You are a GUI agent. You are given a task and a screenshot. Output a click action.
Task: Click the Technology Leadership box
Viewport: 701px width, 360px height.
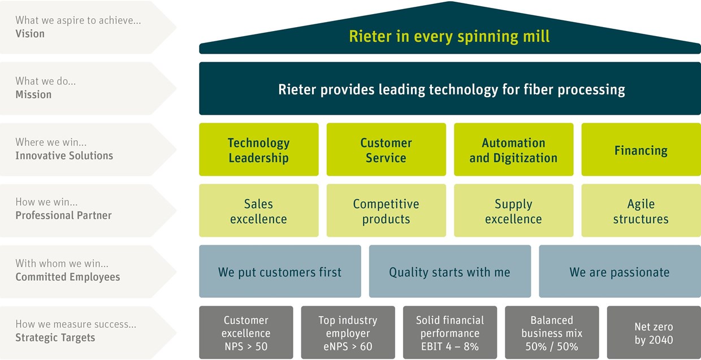click(x=259, y=149)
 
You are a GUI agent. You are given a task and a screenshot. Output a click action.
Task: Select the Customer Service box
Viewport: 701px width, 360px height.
click(x=386, y=149)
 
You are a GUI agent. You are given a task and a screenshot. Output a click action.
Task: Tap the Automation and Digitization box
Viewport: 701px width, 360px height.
click(x=513, y=149)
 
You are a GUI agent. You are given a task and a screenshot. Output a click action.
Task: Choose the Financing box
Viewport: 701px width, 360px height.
click(x=641, y=149)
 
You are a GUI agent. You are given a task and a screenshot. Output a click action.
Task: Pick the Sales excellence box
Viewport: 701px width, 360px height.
click(x=259, y=210)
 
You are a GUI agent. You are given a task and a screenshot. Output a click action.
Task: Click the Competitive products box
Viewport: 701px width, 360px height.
click(x=386, y=210)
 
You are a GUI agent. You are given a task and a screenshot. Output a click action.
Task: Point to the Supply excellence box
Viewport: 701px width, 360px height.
click(x=513, y=210)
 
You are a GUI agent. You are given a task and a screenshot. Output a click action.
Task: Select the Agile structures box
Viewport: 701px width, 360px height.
click(x=641, y=210)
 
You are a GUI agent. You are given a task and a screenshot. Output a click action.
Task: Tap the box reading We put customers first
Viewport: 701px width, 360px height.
click(x=280, y=271)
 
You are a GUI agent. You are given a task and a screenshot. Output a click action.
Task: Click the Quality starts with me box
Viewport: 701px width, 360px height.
click(x=449, y=271)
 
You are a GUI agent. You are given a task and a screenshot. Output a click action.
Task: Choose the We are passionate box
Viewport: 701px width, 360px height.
click(x=620, y=271)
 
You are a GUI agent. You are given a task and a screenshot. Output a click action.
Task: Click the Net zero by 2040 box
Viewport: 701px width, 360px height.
click(x=654, y=332)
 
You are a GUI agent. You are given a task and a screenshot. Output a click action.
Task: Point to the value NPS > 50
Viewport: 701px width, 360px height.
click(x=246, y=346)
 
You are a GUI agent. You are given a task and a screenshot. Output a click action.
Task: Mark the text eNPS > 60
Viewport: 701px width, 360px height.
click(x=348, y=346)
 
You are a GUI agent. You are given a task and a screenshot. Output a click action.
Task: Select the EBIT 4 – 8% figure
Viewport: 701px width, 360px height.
click(x=449, y=346)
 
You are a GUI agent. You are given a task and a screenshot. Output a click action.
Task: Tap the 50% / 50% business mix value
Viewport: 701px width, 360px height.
click(x=552, y=346)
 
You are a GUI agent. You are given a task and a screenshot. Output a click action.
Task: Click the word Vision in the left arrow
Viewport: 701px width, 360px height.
click(x=30, y=34)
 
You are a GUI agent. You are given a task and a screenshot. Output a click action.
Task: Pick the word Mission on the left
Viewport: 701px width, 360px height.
click(x=33, y=94)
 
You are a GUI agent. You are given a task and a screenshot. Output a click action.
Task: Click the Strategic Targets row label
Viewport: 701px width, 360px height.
click(x=55, y=338)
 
